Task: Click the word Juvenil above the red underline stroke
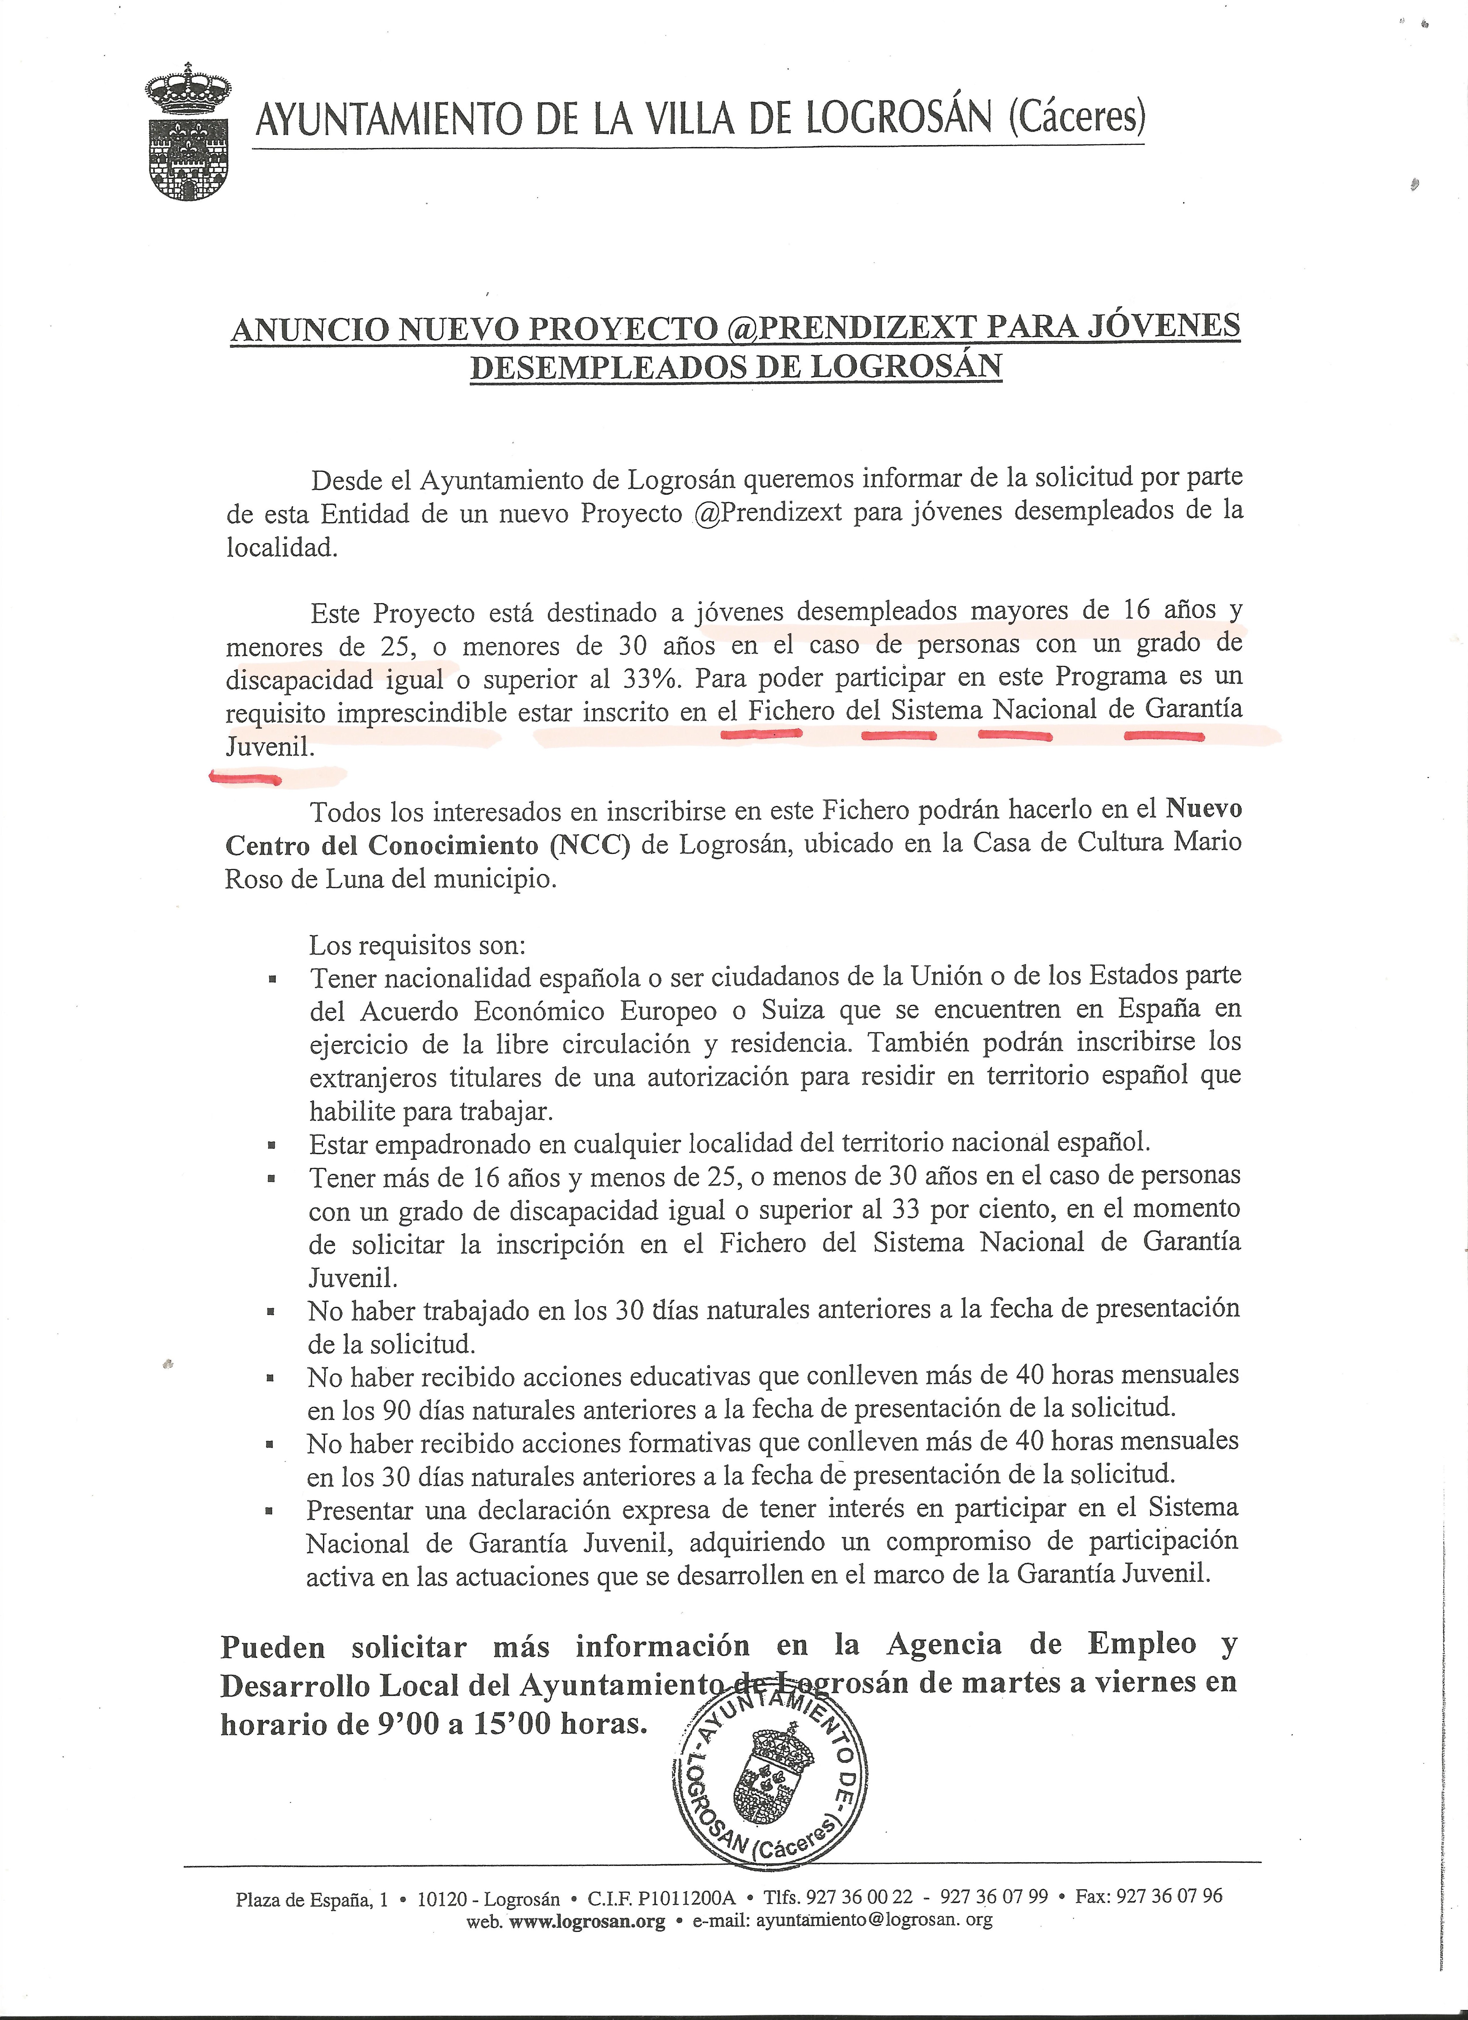tap(269, 746)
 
